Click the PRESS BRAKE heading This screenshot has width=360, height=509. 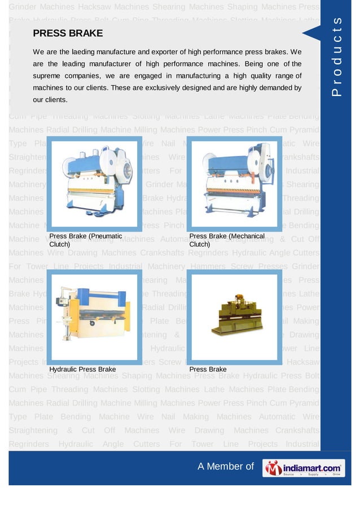coord(68,33)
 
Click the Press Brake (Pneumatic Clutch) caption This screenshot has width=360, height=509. coord(85,240)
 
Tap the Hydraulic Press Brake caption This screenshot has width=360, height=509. coord(82,369)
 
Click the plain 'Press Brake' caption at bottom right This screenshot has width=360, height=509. coord(208,369)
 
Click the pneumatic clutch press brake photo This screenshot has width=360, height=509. coord(93,184)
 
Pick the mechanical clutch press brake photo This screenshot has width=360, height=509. coord(232,184)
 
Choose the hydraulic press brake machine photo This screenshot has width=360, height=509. coord(93,316)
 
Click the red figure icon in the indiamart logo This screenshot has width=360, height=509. coord(274,468)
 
